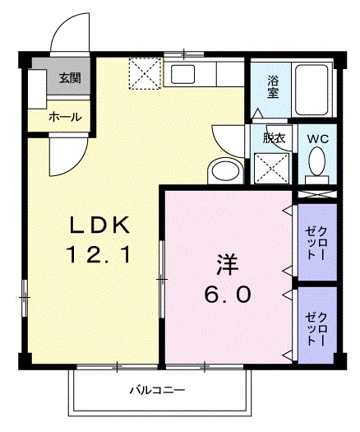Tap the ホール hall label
point(64,117)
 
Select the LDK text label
point(99,224)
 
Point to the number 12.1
point(99,257)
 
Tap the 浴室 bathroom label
point(273,86)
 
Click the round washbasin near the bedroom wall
point(223,170)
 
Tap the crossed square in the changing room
point(273,168)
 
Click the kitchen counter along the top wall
point(205,75)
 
